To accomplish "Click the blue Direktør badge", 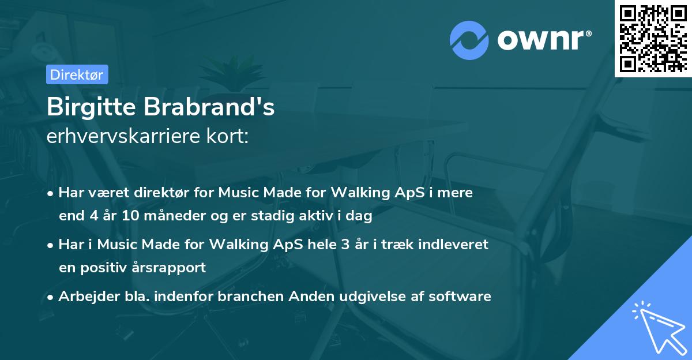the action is pos(77,74).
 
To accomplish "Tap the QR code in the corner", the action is pos(653,39).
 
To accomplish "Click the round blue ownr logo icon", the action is pos(469,40).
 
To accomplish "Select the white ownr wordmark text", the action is pos(544,40).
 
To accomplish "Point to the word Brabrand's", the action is pos(209,107).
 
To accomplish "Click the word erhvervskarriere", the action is pos(123,136).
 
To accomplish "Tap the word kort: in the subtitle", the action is pos(227,136).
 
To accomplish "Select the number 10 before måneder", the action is pos(130,216).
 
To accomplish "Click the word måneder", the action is pos(175,215).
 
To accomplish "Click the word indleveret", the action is pos(453,245).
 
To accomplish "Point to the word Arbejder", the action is pos(89,297).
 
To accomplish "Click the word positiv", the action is pos(103,268).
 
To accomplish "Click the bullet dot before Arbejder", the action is pos(50,298).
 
